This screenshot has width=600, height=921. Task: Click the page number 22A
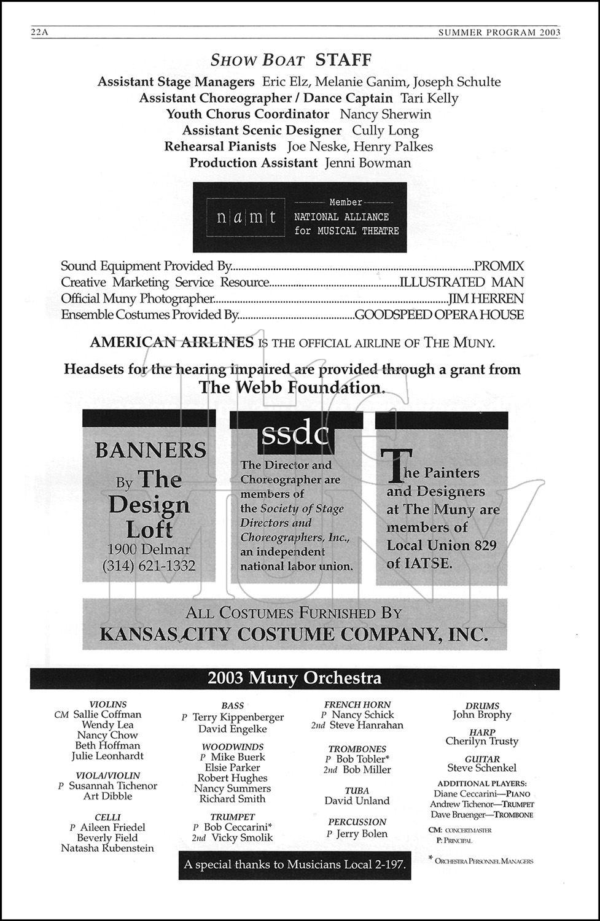click(39, 33)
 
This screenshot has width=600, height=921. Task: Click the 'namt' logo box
click(246, 217)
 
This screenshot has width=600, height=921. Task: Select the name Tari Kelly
click(429, 98)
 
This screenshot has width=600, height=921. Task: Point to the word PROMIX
click(499, 266)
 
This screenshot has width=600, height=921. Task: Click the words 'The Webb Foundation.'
click(292, 387)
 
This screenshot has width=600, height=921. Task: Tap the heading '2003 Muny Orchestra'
click(294, 678)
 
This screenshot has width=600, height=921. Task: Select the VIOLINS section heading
click(108, 705)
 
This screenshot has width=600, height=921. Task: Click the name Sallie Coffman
click(107, 715)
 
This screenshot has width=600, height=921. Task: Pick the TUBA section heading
click(357, 791)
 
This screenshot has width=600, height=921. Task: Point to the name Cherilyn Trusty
click(481, 741)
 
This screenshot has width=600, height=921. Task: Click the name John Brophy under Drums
click(481, 715)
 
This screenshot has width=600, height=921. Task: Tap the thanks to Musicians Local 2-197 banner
click(295, 865)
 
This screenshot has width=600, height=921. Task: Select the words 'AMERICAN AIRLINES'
click(171, 343)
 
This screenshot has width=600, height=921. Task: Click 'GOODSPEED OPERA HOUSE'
click(439, 315)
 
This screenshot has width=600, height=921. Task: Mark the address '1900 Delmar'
click(149, 550)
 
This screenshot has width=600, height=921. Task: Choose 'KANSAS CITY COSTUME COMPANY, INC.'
click(294, 634)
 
